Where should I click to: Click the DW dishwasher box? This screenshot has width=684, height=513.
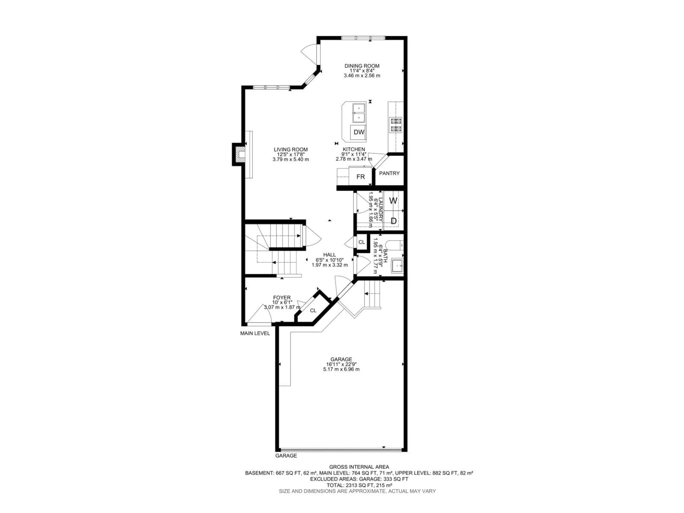tap(359, 132)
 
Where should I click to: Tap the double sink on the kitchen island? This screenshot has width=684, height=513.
tap(359, 113)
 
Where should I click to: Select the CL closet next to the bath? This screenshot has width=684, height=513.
tap(361, 242)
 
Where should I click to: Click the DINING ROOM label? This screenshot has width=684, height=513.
tap(362, 66)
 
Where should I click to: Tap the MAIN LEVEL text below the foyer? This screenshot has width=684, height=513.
tap(255, 333)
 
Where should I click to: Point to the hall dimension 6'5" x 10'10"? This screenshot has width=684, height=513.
tap(330, 260)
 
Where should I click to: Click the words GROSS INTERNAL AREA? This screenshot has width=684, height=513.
tap(359, 467)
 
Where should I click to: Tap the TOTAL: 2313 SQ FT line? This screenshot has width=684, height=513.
tap(359, 485)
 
